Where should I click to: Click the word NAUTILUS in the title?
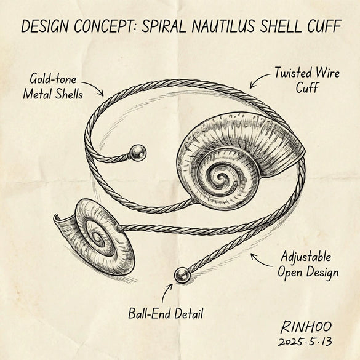click(223, 26)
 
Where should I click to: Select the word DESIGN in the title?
click(45, 26)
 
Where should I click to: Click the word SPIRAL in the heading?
click(164, 26)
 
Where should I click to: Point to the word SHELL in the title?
click(281, 26)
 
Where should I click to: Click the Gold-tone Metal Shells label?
click(53, 86)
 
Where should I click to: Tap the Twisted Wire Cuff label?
click(307, 80)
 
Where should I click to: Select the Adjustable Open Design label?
click(308, 265)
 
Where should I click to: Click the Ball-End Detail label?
click(166, 313)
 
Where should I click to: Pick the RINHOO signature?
click(306, 327)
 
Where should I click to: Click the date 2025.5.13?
click(305, 342)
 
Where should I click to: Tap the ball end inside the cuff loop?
click(138, 153)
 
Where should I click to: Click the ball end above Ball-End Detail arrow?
click(182, 275)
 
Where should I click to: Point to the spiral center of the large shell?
click(221, 177)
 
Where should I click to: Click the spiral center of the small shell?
click(98, 238)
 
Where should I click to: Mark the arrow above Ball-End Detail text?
click(166, 293)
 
